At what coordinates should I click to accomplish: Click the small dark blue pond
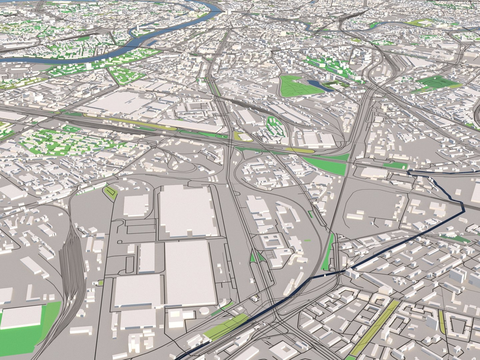(x=315, y=84)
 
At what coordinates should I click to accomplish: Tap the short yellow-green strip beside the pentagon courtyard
(x=442, y=322)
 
